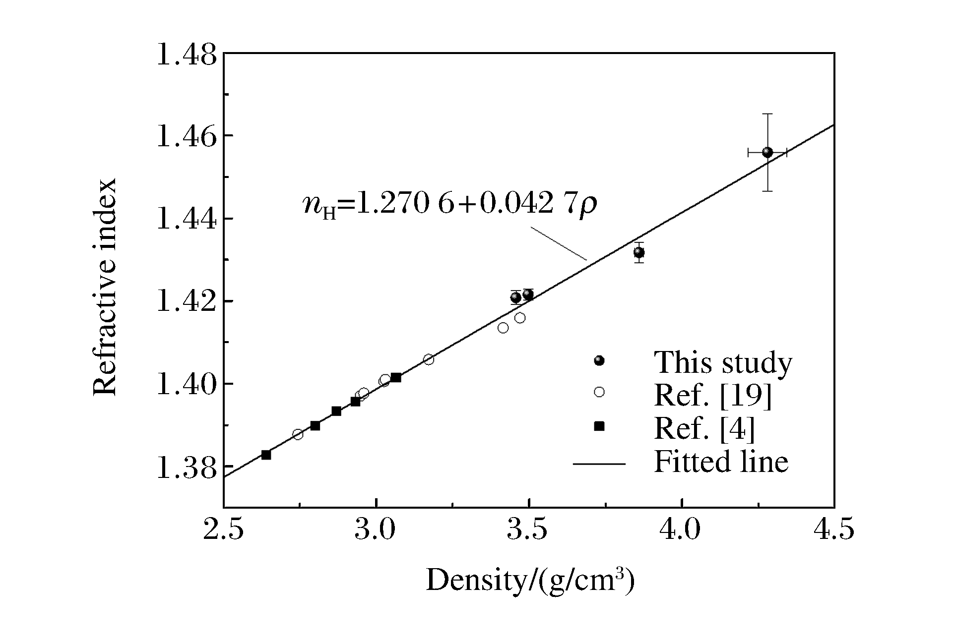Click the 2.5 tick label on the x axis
[x=224, y=529]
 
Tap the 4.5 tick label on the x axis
[x=833, y=529]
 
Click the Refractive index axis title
[x=105, y=287]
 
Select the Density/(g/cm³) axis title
[x=530, y=580]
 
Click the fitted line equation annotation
[x=450, y=204]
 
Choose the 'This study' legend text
[x=723, y=362]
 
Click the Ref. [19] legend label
[x=713, y=395]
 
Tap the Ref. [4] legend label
[x=704, y=428]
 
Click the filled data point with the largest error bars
[x=767, y=152]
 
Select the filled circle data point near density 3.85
[x=639, y=252]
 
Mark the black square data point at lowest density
[x=266, y=455]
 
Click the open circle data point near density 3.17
[x=429, y=359]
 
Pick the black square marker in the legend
[x=599, y=426]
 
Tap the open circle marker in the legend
[x=599, y=392]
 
